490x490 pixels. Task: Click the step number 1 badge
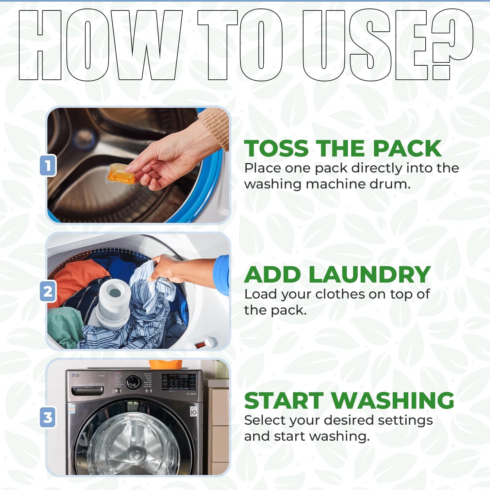(x=48, y=165)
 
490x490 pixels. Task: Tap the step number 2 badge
(x=48, y=291)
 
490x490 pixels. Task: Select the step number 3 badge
(x=48, y=417)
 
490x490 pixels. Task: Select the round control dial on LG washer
(x=133, y=382)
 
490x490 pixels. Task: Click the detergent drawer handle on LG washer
(x=88, y=390)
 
